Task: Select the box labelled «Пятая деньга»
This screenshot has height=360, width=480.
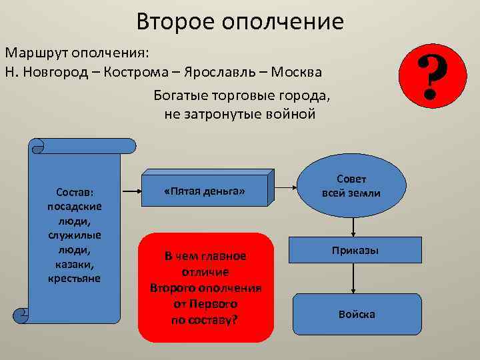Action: coord(204,192)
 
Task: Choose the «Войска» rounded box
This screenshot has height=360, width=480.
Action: coord(357,314)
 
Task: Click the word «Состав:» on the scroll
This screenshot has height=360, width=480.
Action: coord(74,191)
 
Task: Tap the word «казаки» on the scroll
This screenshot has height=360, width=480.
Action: coord(74,265)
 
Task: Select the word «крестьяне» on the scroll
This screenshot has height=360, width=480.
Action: coord(74,277)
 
